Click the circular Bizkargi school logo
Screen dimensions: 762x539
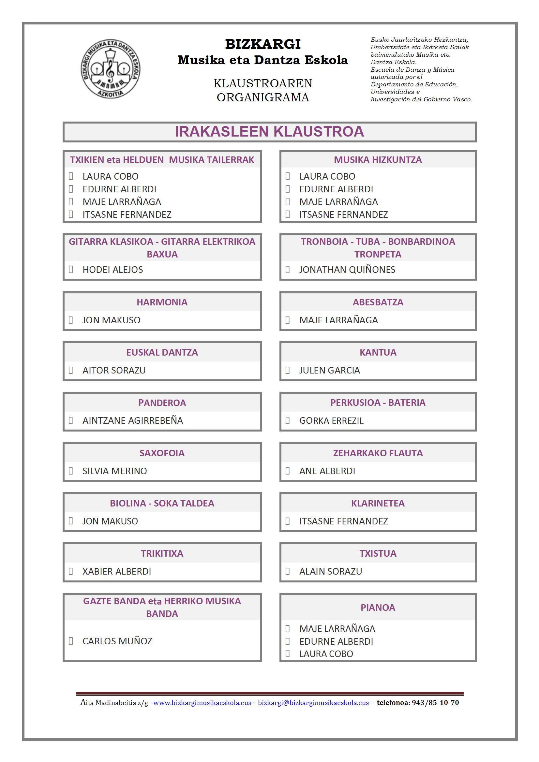point(110,69)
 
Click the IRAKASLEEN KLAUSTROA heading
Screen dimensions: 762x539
point(269,132)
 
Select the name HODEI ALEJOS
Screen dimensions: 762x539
point(112,270)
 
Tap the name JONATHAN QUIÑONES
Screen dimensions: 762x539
point(347,270)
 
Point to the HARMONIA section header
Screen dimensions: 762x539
point(162,302)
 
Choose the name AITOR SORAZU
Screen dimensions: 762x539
point(114,370)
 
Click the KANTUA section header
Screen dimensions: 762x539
point(378,352)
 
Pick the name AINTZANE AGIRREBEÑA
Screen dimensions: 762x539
point(132,420)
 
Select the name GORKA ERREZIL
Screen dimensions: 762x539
point(331,421)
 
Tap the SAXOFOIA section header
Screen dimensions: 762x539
point(162,453)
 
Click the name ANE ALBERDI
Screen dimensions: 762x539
point(327,471)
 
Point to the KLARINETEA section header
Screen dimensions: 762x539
point(378,503)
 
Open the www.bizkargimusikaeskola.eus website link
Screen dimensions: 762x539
point(202,703)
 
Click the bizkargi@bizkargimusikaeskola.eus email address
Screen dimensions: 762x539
point(313,703)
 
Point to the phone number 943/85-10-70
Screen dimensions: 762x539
point(435,703)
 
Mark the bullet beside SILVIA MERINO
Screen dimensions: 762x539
point(71,471)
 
